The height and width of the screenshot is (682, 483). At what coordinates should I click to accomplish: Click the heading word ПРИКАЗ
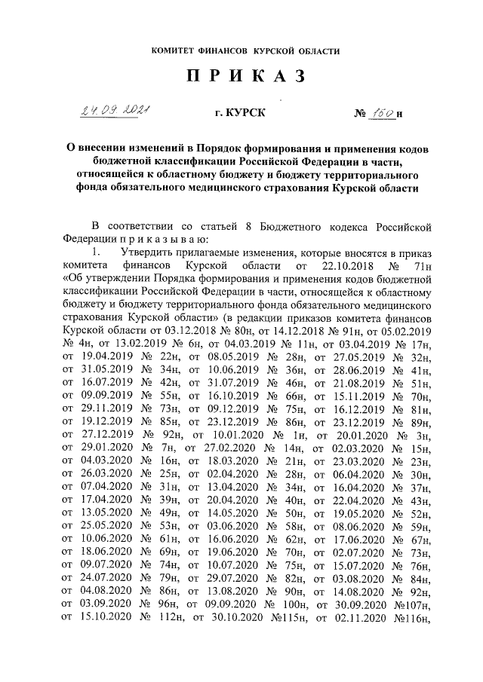coord(241,78)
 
